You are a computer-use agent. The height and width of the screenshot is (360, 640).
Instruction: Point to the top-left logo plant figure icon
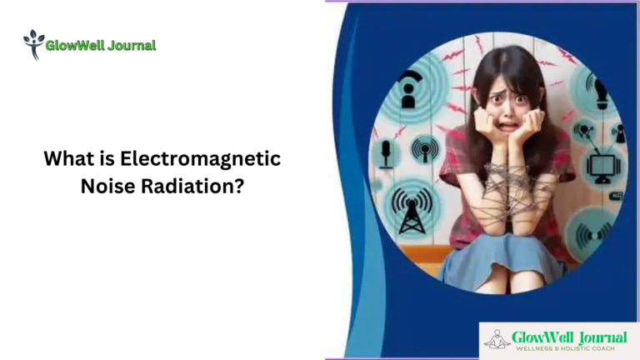tap(33, 44)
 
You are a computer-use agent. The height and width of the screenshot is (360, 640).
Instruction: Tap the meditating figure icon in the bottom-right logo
tap(497, 337)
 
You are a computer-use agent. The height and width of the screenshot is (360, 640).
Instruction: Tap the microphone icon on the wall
tap(386, 153)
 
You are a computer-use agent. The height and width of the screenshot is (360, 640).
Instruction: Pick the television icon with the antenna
tap(602, 165)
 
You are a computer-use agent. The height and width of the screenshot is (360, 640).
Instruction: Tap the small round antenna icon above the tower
tap(425, 150)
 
